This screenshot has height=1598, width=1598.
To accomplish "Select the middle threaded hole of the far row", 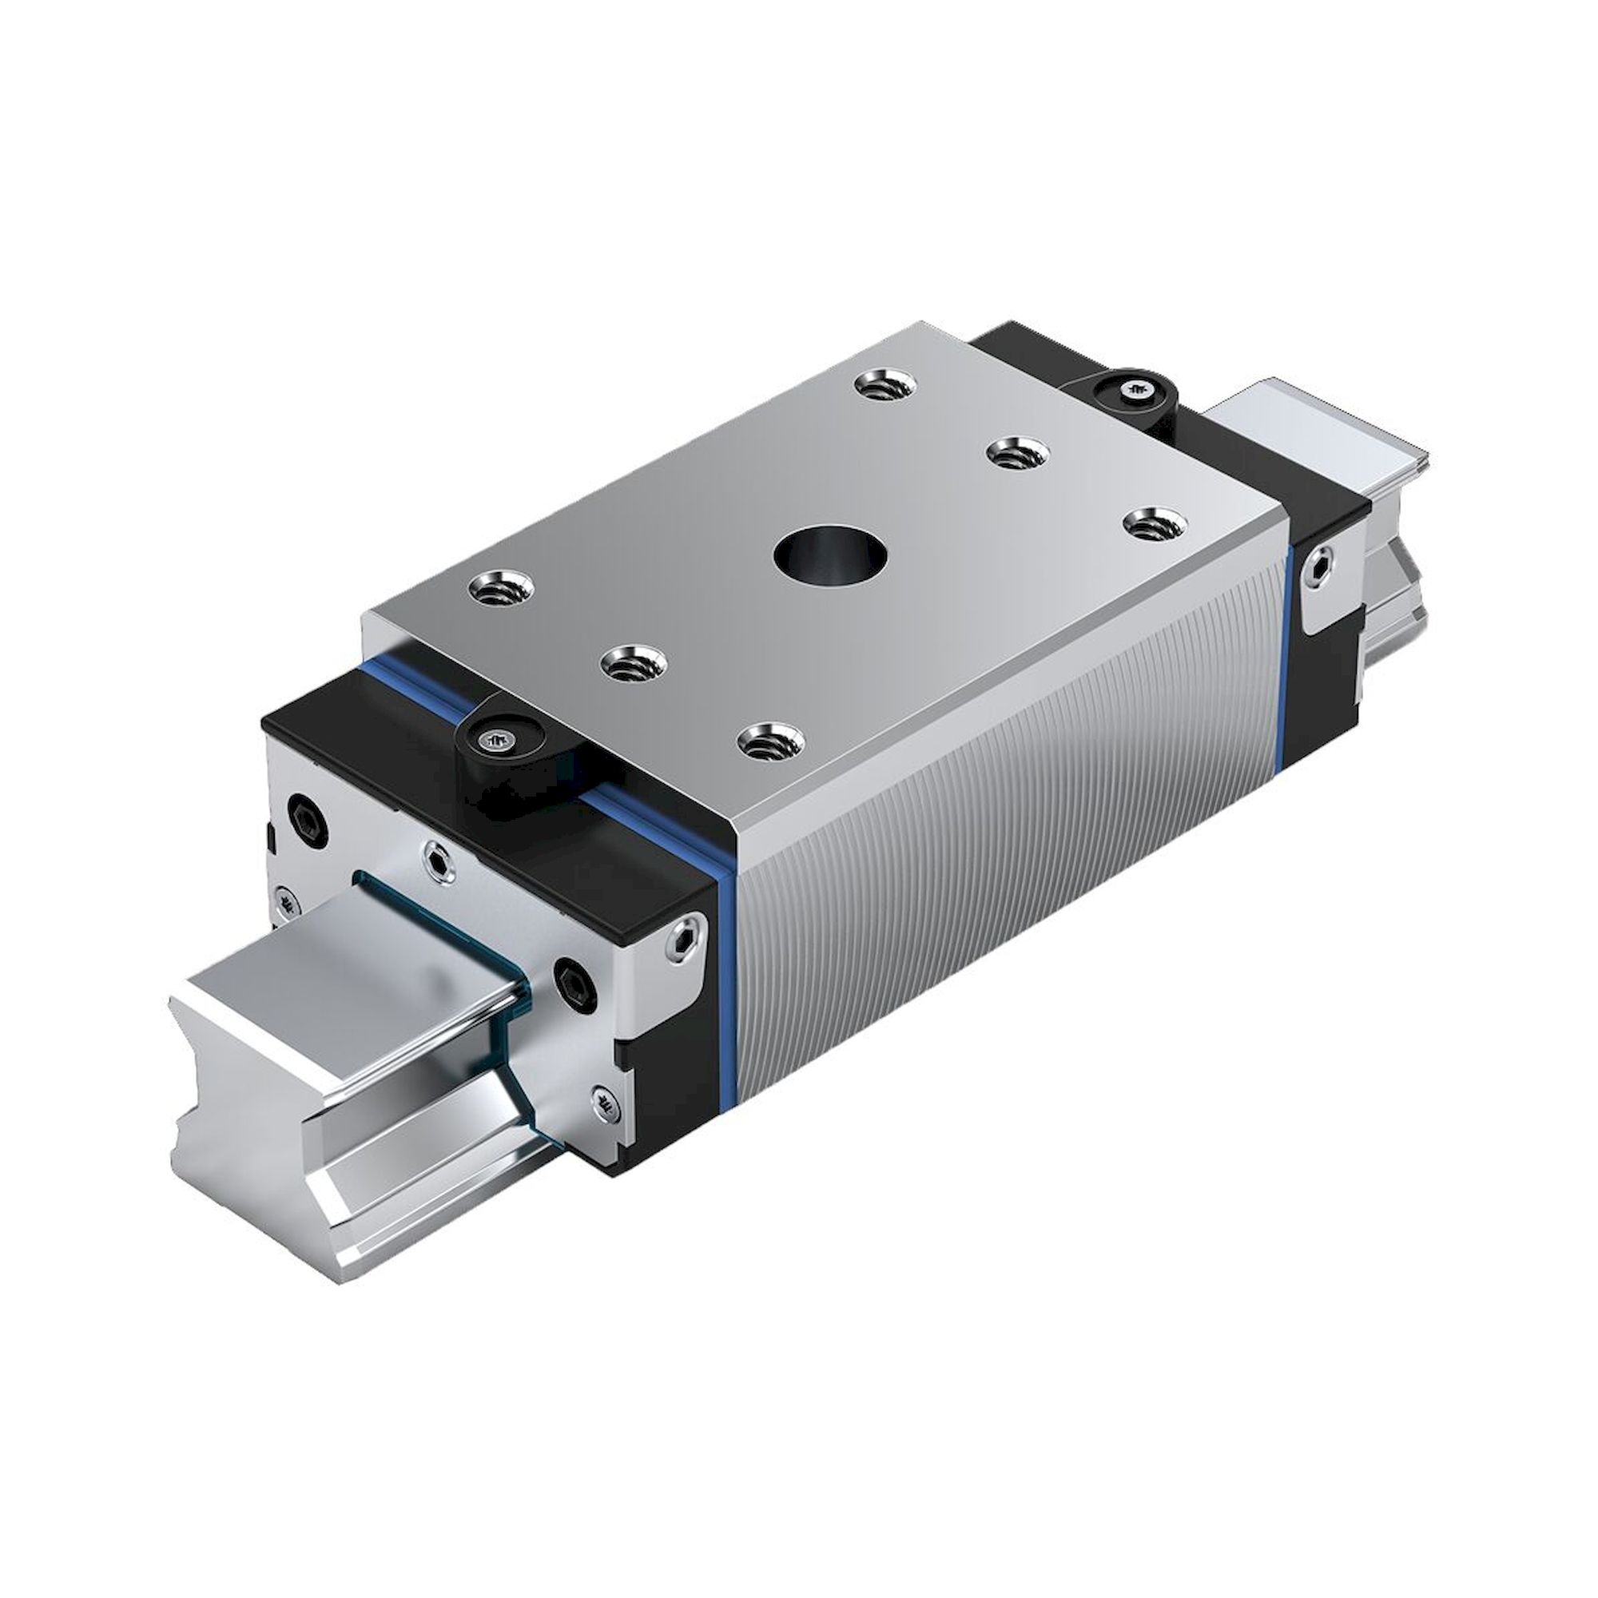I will [1018, 452].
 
